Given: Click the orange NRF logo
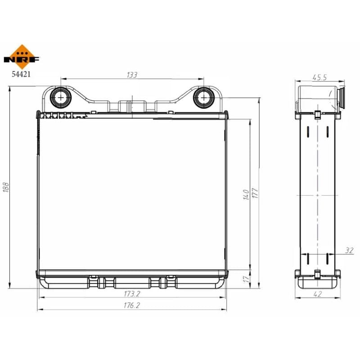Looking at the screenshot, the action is (x=22, y=57).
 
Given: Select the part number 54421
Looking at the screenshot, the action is (x=21, y=74).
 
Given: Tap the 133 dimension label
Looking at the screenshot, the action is (x=132, y=75).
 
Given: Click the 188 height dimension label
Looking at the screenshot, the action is (x=6, y=187).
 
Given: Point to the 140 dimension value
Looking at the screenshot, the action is (x=246, y=195).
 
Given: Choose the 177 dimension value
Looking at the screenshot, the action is (x=255, y=193).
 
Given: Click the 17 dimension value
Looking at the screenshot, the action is (x=246, y=279).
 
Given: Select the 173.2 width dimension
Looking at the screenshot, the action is (x=132, y=294).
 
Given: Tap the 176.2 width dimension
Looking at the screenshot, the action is (x=132, y=306).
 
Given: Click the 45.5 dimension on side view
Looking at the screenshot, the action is (x=319, y=77).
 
